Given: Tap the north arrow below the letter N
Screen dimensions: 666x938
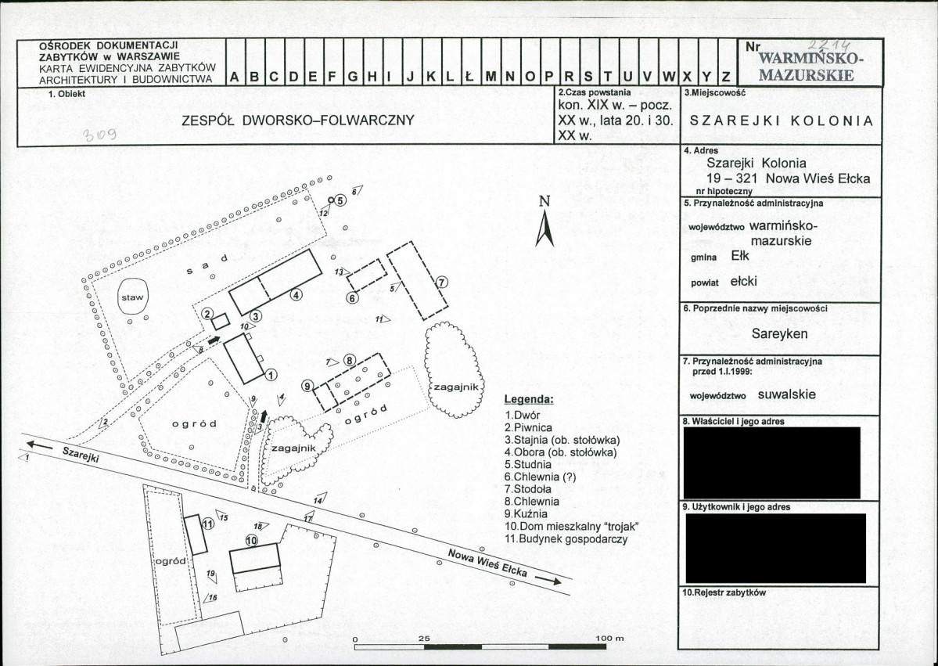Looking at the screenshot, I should pos(545,229).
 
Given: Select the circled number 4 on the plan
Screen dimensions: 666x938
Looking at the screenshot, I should pos(296,295).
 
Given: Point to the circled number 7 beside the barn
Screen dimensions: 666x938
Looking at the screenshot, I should pos(441,283).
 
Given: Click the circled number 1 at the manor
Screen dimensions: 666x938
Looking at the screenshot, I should pos(271,374).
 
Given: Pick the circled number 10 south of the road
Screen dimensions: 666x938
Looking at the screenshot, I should pos(251,540).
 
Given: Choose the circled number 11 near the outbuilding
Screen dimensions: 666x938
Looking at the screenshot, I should pos(207,524).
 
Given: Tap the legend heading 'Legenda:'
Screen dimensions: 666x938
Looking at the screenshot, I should pos(528,399).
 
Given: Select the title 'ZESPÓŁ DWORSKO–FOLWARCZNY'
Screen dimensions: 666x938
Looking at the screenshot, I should pos(297,121).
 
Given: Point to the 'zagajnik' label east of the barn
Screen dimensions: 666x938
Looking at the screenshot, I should pos(459,387).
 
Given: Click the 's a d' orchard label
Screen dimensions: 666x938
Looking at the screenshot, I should pos(207,263).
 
